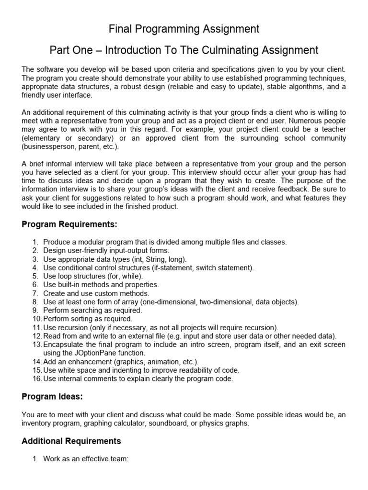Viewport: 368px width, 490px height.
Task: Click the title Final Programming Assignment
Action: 184,29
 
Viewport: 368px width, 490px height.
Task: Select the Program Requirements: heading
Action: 69,224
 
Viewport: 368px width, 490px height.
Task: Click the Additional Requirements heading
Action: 71,441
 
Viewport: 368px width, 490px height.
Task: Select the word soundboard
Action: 149,423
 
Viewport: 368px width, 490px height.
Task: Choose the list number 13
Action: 37,345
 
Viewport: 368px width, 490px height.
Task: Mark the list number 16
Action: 37,379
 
